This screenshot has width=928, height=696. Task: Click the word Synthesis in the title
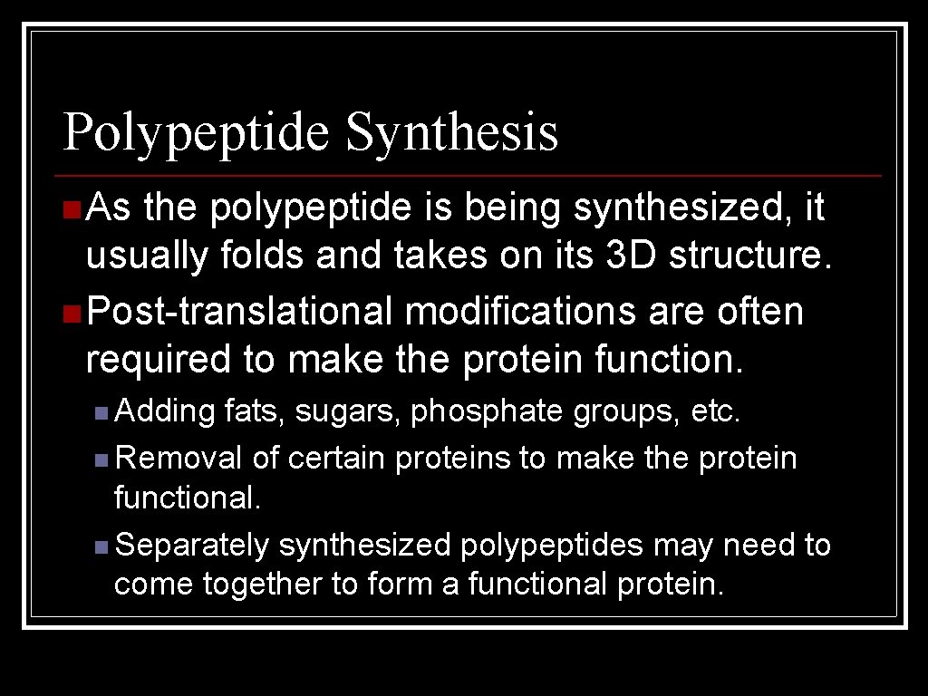[451, 133]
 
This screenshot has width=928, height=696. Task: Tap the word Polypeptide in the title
[197, 133]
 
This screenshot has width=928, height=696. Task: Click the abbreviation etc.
[716, 412]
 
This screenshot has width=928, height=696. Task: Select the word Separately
[193, 546]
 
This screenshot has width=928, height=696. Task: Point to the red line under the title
[468, 175]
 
